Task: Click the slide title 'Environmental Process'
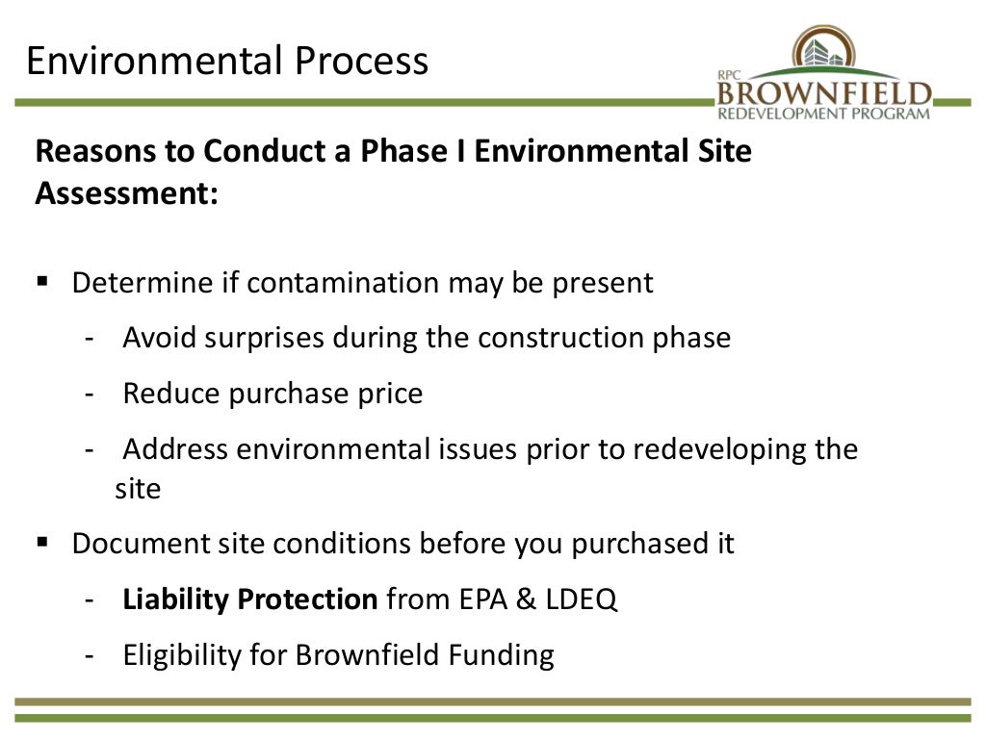(226, 61)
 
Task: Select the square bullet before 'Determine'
(42, 282)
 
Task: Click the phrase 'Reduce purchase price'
(272, 394)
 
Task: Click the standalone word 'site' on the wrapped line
(138, 489)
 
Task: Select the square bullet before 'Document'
(42, 543)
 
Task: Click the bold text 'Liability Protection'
(250, 599)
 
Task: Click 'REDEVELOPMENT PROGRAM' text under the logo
(825, 114)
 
